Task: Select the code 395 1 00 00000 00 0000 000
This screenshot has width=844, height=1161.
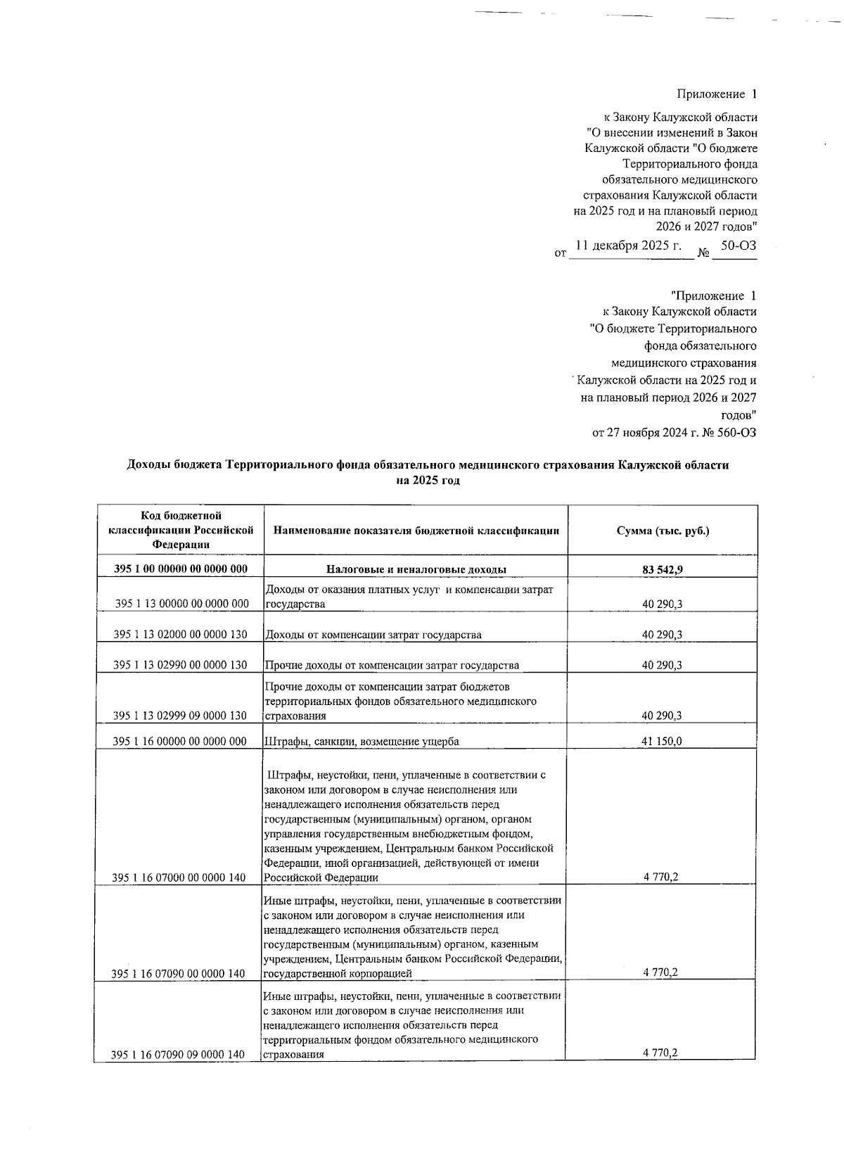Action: pos(180,569)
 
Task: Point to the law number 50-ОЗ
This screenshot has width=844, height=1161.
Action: pos(738,246)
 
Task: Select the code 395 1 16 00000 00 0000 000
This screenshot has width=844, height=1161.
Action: pos(180,741)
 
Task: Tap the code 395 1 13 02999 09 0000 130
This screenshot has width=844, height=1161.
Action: pos(180,716)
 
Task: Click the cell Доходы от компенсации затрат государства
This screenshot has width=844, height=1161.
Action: pos(373,635)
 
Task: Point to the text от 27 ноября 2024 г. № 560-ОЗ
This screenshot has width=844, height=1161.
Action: pos(674,433)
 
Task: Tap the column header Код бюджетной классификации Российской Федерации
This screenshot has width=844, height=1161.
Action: pos(180,531)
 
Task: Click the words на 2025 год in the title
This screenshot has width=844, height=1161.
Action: pos(428,481)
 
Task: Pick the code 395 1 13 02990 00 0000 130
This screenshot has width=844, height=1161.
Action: pos(180,665)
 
